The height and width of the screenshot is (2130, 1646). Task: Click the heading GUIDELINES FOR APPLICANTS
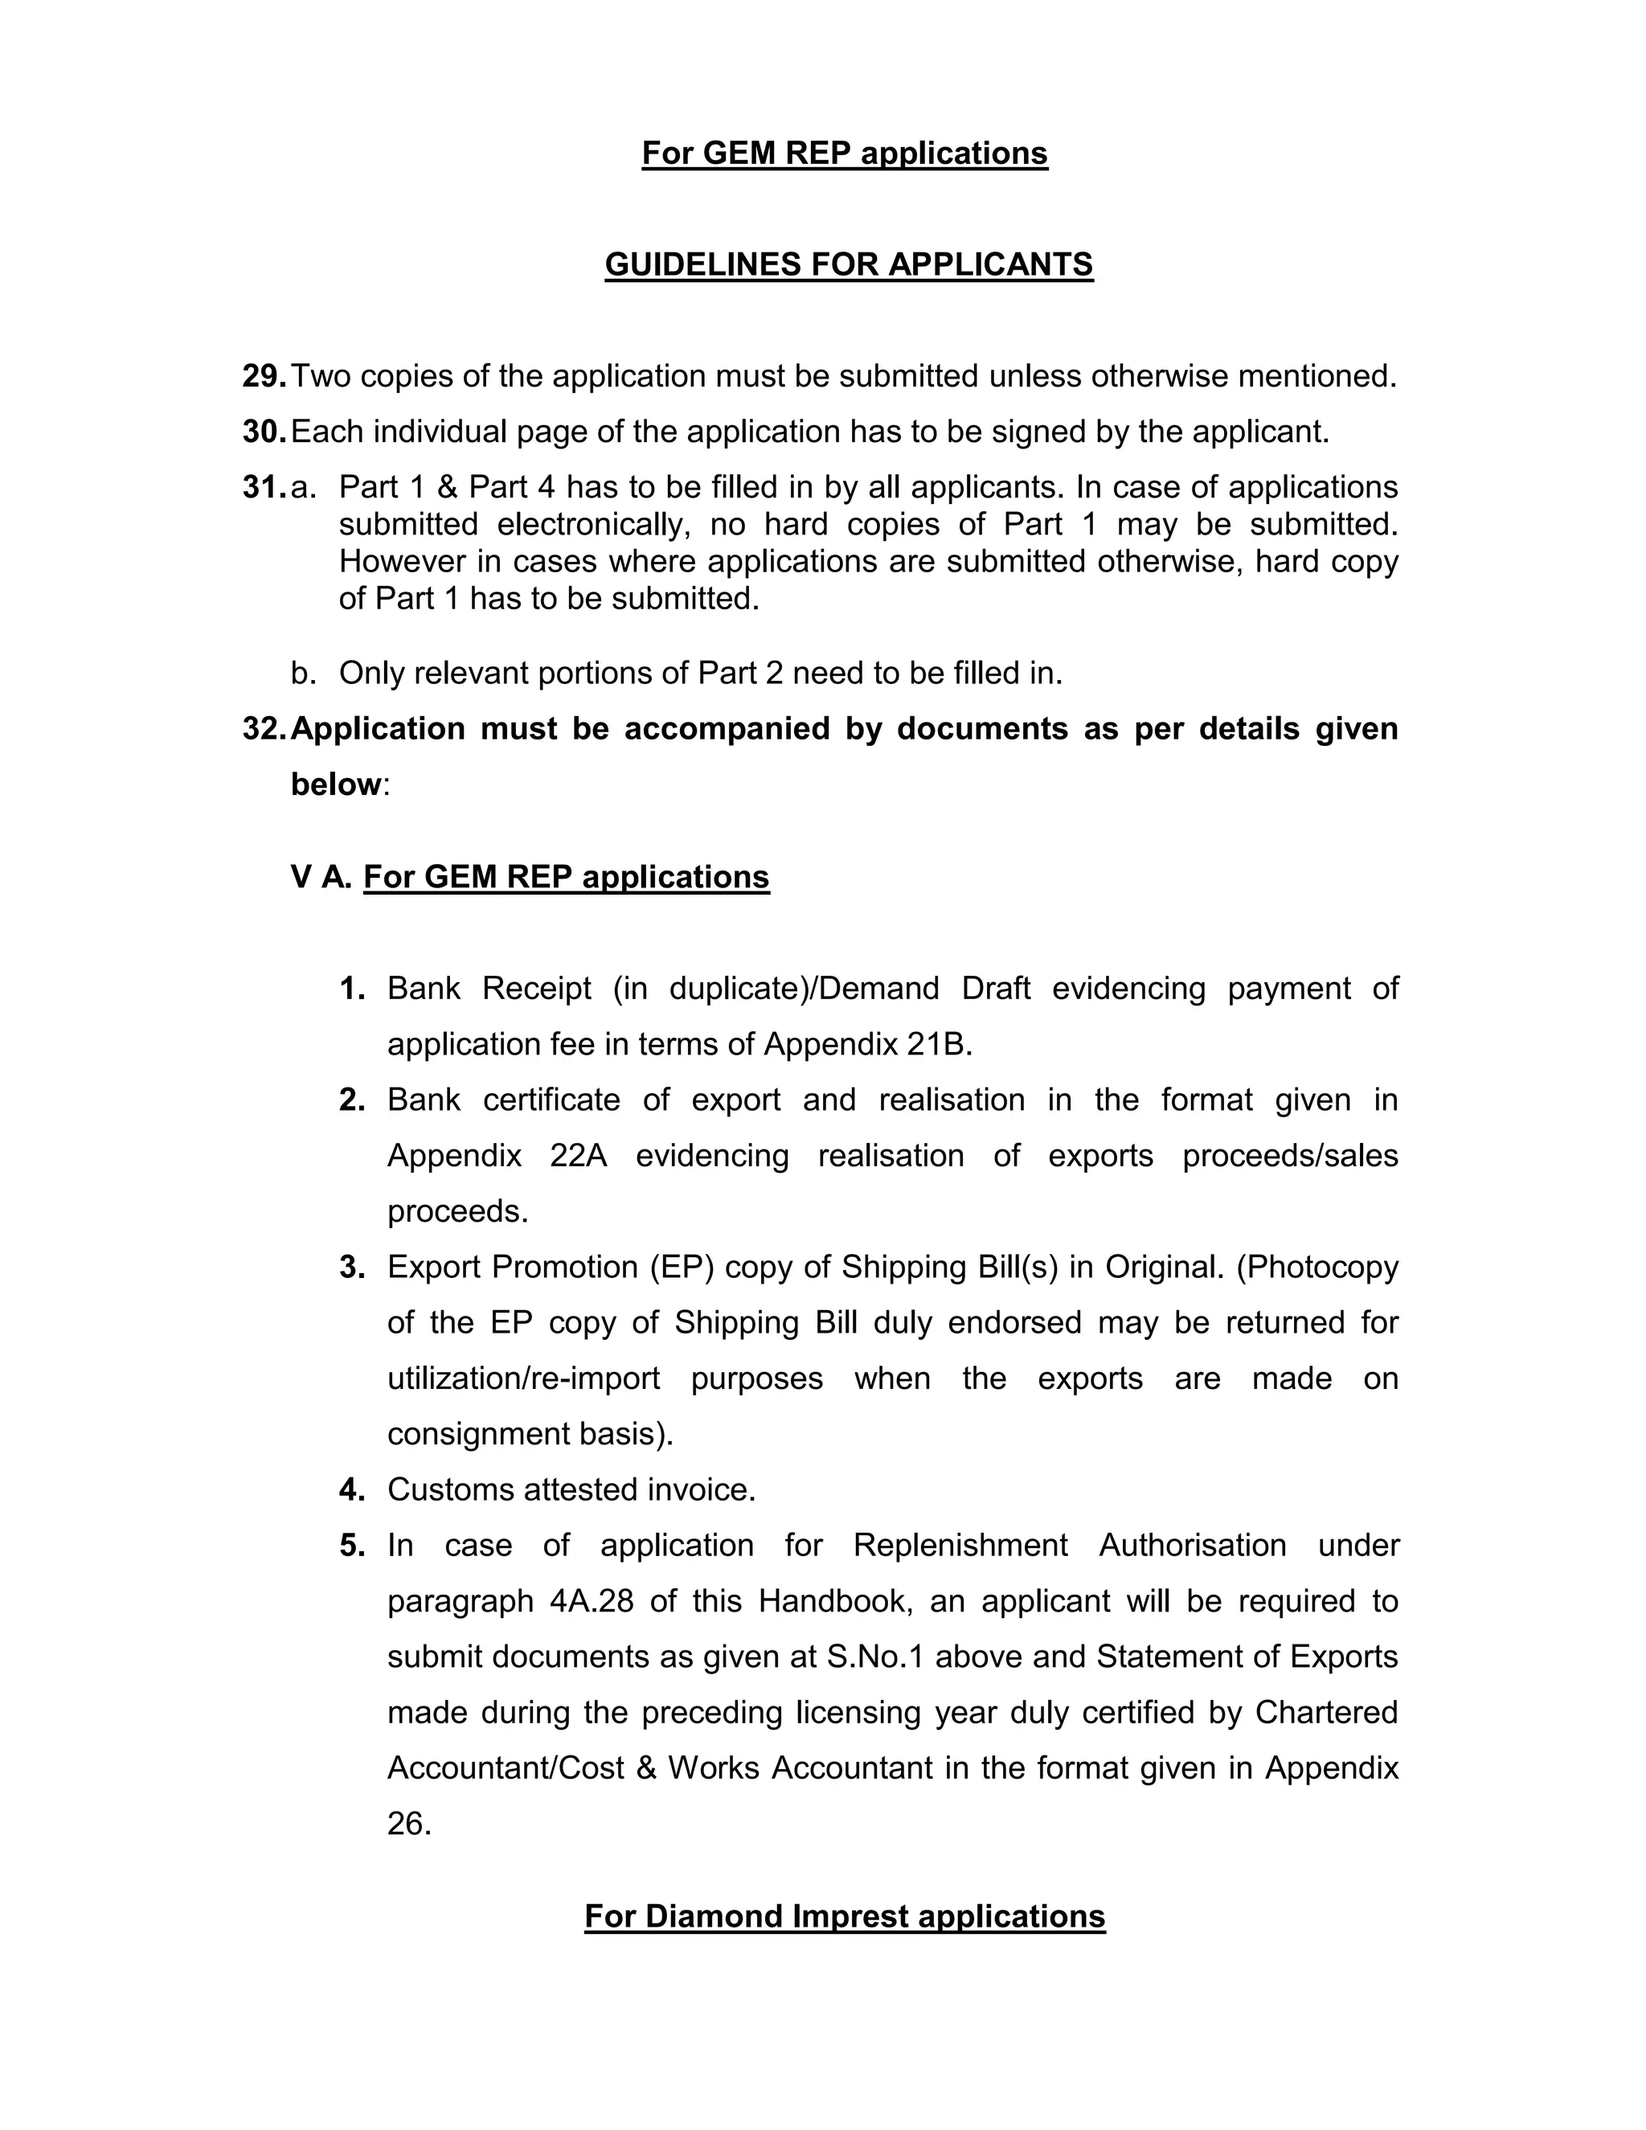click(x=849, y=264)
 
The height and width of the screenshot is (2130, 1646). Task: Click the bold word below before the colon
click(x=335, y=784)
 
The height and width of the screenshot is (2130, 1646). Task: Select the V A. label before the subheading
click(x=321, y=877)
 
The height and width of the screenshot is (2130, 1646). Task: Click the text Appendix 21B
click(x=868, y=1045)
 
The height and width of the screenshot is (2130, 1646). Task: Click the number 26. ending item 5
click(x=408, y=1824)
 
